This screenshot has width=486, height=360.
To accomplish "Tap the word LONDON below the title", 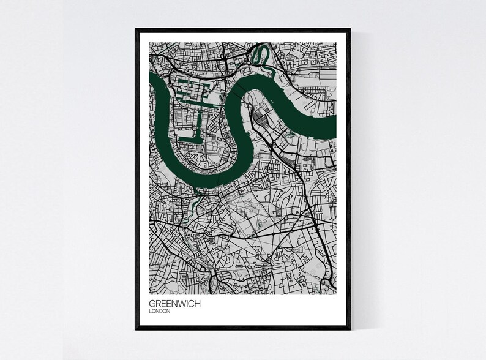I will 159,311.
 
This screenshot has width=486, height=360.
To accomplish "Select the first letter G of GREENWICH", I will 152,303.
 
